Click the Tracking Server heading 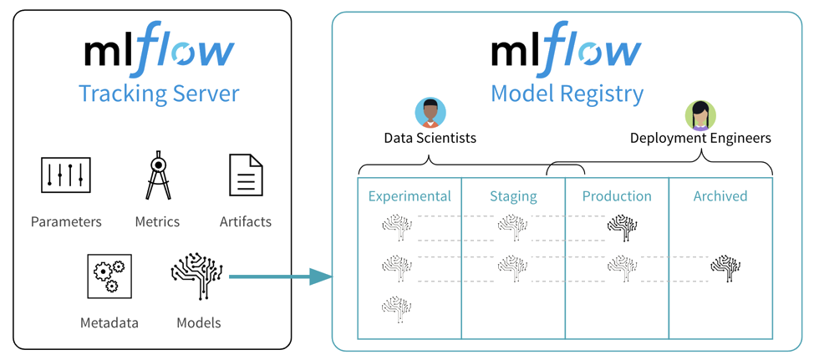[159, 94]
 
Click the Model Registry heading [567, 94]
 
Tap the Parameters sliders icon [66, 176]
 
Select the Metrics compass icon [158, 175]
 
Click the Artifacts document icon [246, 175]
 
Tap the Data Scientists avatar [430, 114]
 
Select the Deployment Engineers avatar [700, 114]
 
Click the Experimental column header [410, 197]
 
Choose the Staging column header [513, 197]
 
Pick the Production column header [617, 197]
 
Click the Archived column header [720, 197]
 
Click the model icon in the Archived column [725, 268]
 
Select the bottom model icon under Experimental [396, 309]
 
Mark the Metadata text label [109, 322]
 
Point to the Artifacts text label [245, 222]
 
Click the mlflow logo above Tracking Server [159, 52]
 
